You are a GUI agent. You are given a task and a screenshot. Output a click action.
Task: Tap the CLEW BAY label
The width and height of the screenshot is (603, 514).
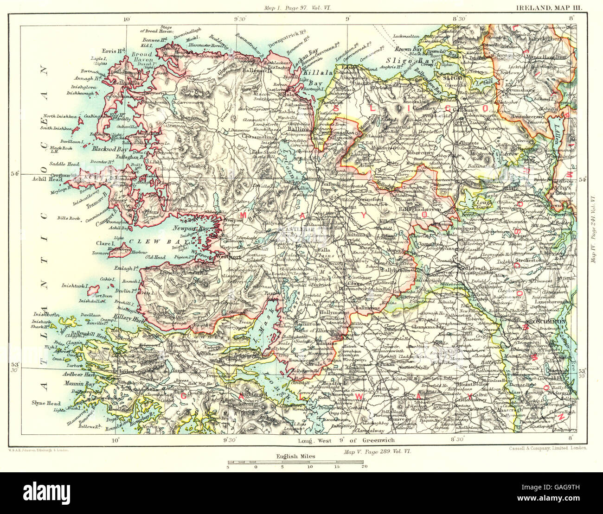click(151, 241)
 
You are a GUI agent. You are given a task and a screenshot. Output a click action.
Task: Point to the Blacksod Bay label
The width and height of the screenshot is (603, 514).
click(107, 150)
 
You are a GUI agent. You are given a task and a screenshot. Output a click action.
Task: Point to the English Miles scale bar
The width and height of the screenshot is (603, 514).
click(295, 463)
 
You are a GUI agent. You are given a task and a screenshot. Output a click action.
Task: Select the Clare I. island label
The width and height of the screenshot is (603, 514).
click(103, 243)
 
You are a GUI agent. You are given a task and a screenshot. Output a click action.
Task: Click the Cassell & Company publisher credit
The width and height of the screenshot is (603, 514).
click(545, 448)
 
